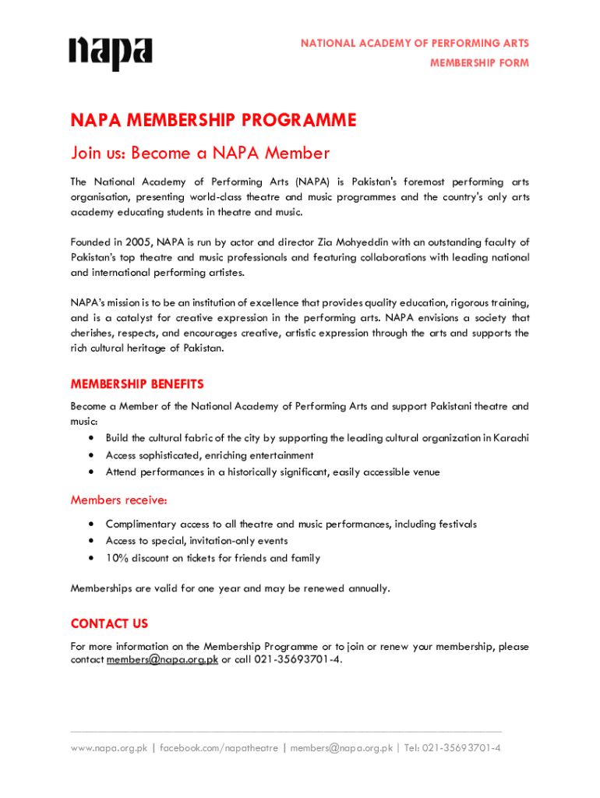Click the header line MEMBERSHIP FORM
(479, 63)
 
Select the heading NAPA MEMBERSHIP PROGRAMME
(214, 121)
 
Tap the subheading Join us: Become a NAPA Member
(200, 153)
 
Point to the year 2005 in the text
(137, 242)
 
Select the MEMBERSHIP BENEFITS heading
(137, 384)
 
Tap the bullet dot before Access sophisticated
(92, 455)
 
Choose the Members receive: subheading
(118, 500)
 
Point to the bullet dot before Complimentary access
(92, 524)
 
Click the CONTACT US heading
(109, 623)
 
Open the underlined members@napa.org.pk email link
(162, 660)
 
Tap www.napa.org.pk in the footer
(109, 748)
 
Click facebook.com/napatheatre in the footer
(219, 748)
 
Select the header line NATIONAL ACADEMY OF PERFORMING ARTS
(415, 44)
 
